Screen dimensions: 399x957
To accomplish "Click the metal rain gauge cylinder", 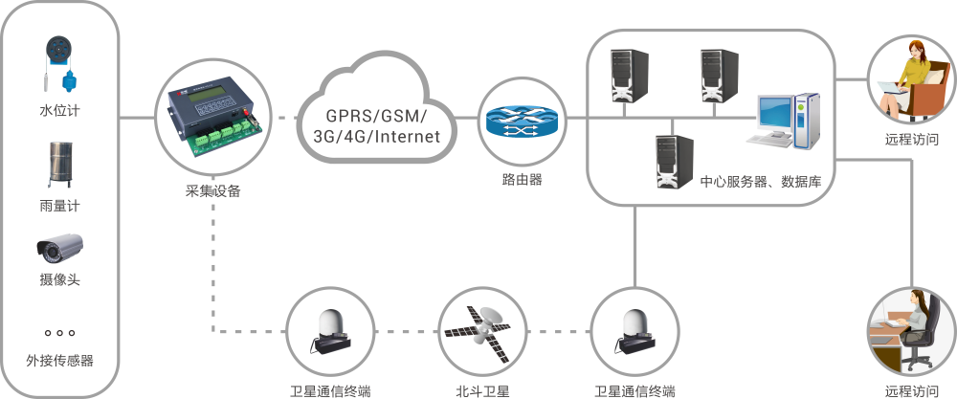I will click(x=59, y=165).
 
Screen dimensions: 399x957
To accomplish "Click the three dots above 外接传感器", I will click(x=59, y=333).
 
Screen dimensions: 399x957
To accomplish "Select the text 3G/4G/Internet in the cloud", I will click(x=368, y=137).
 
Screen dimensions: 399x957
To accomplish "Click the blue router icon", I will click(x=522, y=122).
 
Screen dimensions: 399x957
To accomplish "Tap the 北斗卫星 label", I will click(x=483, y=390).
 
